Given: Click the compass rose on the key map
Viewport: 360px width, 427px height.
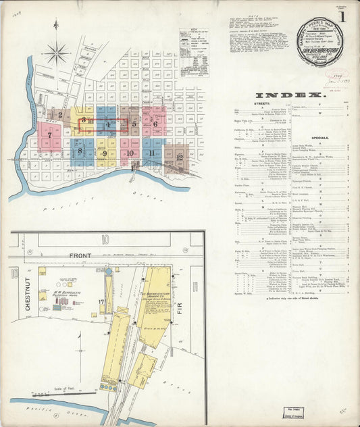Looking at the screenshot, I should click(x=56, y=51).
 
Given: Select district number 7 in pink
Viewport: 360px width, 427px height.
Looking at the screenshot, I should click(x=49, y=134).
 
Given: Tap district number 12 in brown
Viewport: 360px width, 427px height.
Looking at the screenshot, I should click(x=179, y=157).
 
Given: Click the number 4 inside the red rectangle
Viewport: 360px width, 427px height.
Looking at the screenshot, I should click(x=107, y=124).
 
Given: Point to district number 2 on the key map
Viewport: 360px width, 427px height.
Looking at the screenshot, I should click(x=60, y=115).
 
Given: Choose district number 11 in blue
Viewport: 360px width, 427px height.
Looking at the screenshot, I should click(x=152, y=153).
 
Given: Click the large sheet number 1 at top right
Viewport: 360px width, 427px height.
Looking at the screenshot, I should click(x=342, y=17).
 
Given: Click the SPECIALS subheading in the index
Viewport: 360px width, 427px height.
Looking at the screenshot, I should click(x=320, y=137).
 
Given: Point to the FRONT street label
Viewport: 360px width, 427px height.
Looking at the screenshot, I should click(x=79, y=257).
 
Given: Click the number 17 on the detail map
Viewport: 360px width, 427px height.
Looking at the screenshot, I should click(x=101, y=301).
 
